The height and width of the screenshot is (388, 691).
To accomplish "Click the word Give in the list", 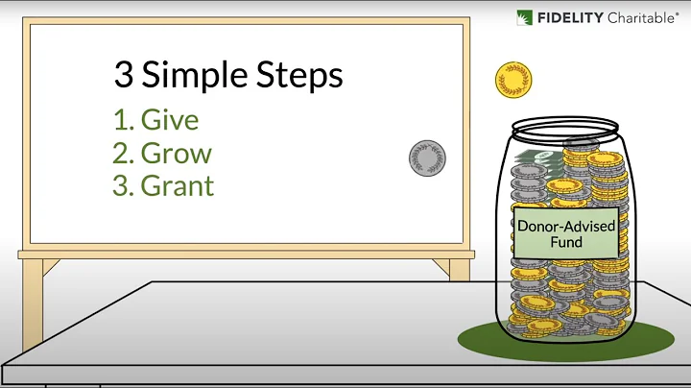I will click(170, 120).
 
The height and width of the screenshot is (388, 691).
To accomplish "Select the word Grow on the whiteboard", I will click(177, 153).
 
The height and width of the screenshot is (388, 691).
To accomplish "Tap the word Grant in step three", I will click(178, 184).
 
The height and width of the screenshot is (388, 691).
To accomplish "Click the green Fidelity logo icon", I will click(525, 17).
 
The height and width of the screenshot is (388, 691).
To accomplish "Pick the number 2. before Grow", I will click(122, 153).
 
